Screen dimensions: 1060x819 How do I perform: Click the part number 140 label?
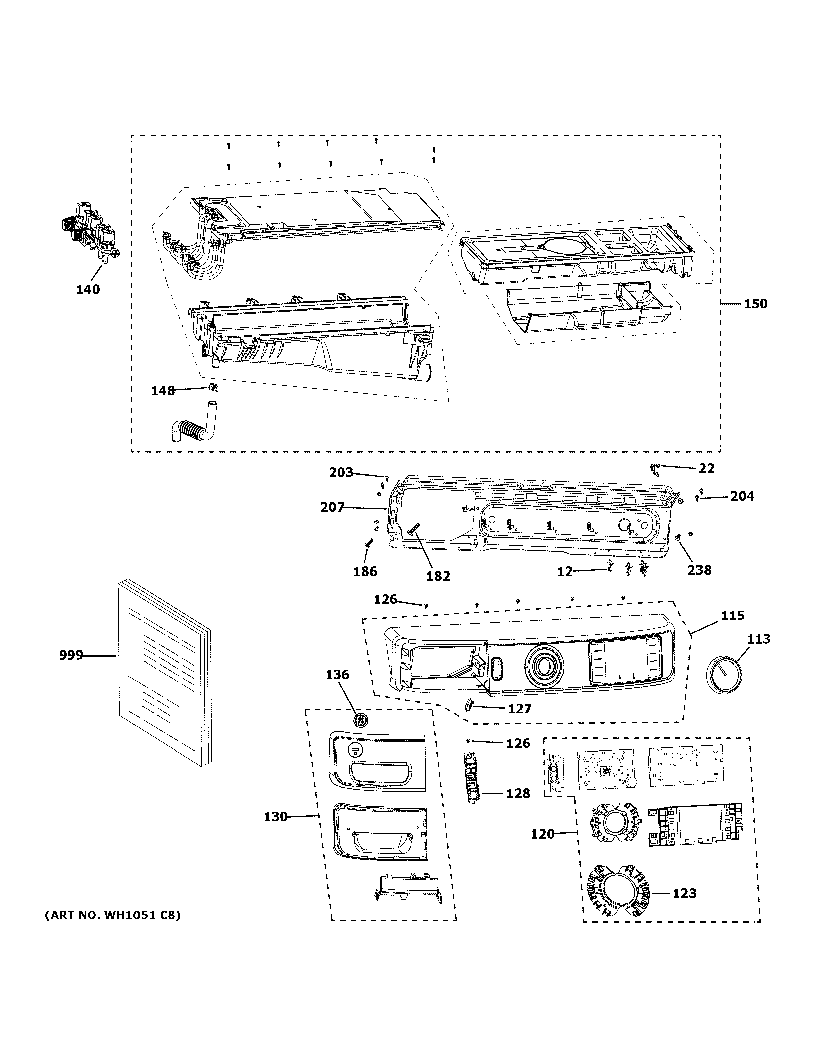tap(88, 290)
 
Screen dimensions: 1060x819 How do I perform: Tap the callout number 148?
tap(163, 391)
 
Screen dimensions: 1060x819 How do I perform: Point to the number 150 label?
tap(755, 304)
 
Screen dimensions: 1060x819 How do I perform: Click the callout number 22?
tap(707, 468)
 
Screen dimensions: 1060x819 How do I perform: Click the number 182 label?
tap(438, 576)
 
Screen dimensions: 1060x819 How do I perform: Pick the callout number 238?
tap(699, 570)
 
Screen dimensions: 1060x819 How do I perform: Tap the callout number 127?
tap(519, 709)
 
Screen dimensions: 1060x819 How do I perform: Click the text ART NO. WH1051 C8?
tap(112, 915)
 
